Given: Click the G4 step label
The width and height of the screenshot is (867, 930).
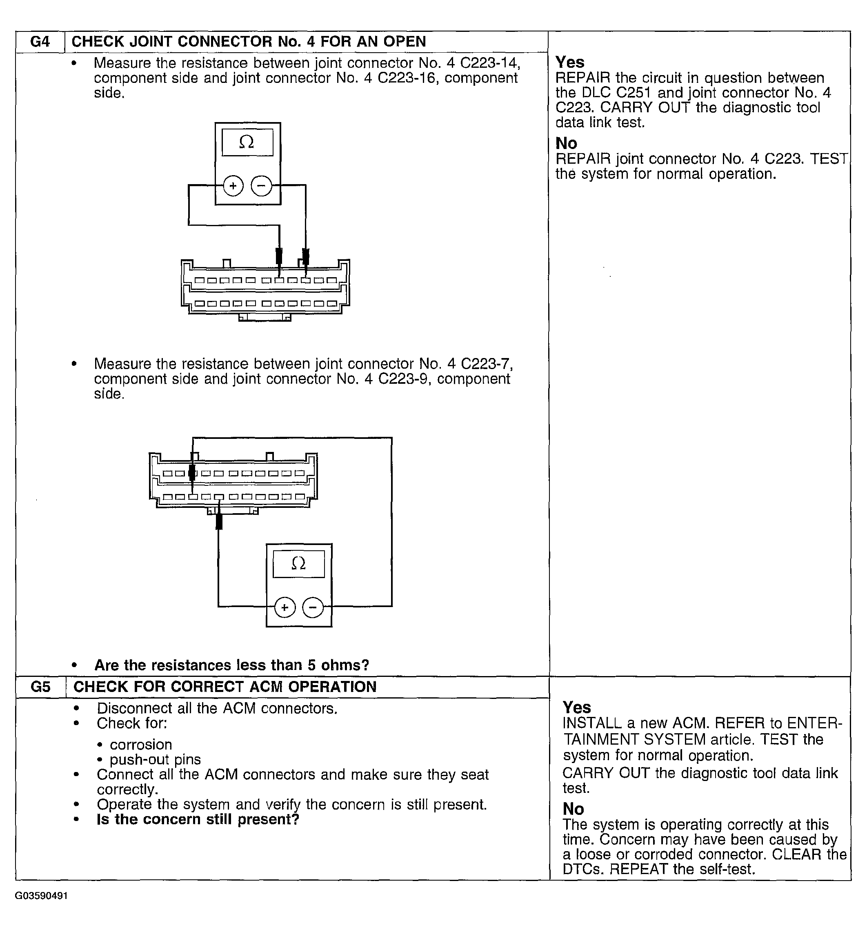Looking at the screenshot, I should [x=40, y=42].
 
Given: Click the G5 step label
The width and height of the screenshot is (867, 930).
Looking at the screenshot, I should [x=40, y=687].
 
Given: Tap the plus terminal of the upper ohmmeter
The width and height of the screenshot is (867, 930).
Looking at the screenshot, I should [x=233, y=186].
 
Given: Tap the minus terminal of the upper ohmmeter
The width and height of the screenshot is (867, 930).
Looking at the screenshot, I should [x=261, y=186].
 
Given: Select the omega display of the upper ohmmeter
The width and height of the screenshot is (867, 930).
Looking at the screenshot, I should [x=247, y=142].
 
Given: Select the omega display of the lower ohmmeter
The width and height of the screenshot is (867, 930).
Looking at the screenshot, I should [x=298, y=564].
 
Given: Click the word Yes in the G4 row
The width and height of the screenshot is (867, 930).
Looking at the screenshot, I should [x=569, y=62].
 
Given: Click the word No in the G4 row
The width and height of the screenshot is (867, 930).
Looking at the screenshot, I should [x=566, y=143].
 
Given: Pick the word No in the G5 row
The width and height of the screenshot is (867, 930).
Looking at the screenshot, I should [x=574, y=809].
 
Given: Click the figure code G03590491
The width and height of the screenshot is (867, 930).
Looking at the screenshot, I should [x=41, y=896].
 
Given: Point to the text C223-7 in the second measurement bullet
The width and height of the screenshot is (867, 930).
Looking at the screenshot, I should [x=486, y=363].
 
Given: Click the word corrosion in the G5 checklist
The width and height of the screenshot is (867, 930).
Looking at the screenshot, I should [x=141, y=744].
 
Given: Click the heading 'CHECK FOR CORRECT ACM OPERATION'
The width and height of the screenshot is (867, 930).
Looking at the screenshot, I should [x=225, y=687].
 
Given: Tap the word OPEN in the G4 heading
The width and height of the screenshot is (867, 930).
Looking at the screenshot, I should [x=405, y=42].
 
